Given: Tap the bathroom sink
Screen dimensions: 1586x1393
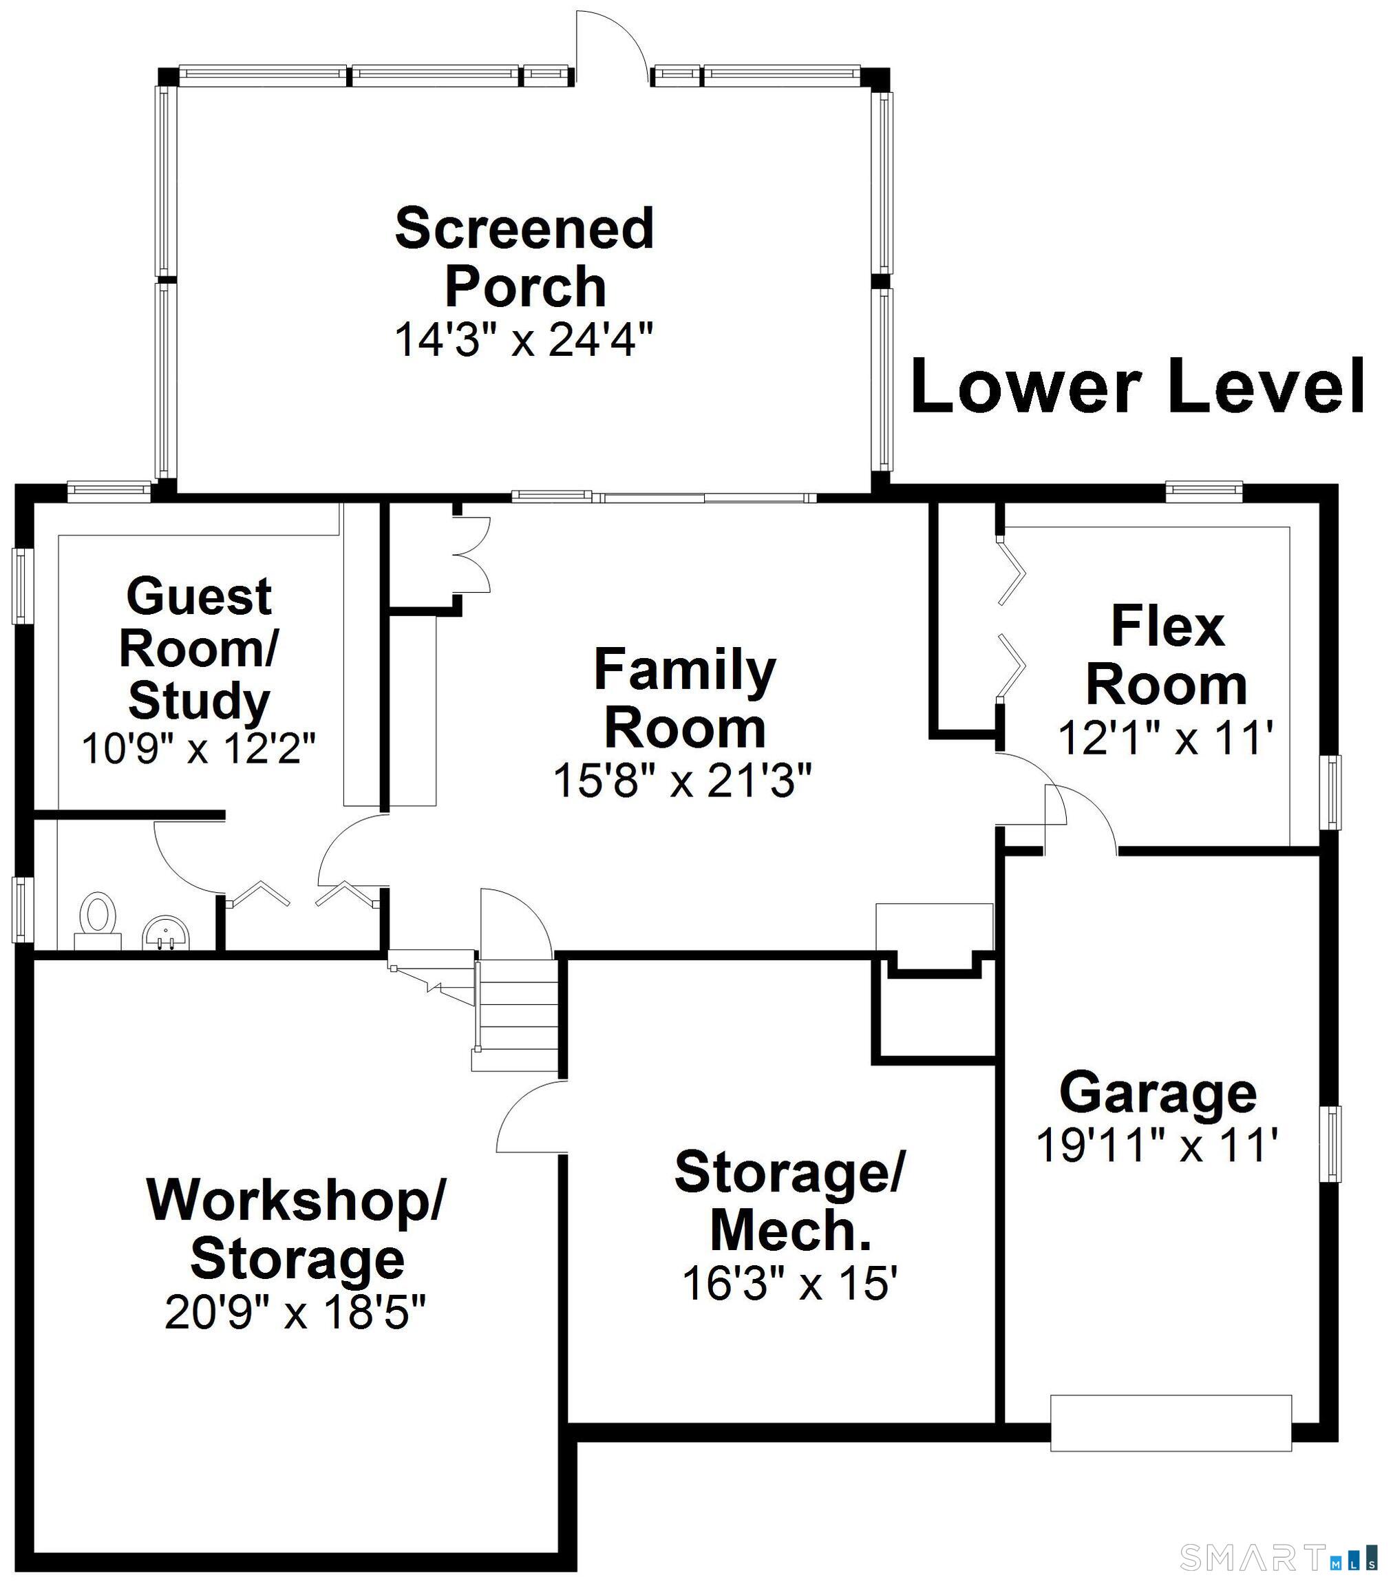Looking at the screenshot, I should tap(164, 931).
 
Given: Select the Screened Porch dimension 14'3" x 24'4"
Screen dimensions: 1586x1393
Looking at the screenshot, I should tap(524, 340).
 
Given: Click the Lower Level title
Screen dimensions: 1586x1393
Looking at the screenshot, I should tap(1136, 386).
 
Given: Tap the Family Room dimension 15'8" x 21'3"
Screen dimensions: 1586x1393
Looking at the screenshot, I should tap(682, 781).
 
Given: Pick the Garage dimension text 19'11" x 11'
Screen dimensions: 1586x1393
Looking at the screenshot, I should tap(1156, 1145).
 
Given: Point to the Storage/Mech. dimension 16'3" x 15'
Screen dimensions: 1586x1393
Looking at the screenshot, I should tap(789, 1282).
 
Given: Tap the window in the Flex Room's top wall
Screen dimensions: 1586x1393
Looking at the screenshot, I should tap(1204, 489).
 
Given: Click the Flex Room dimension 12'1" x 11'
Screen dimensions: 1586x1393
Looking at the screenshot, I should tap(1166, 738).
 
